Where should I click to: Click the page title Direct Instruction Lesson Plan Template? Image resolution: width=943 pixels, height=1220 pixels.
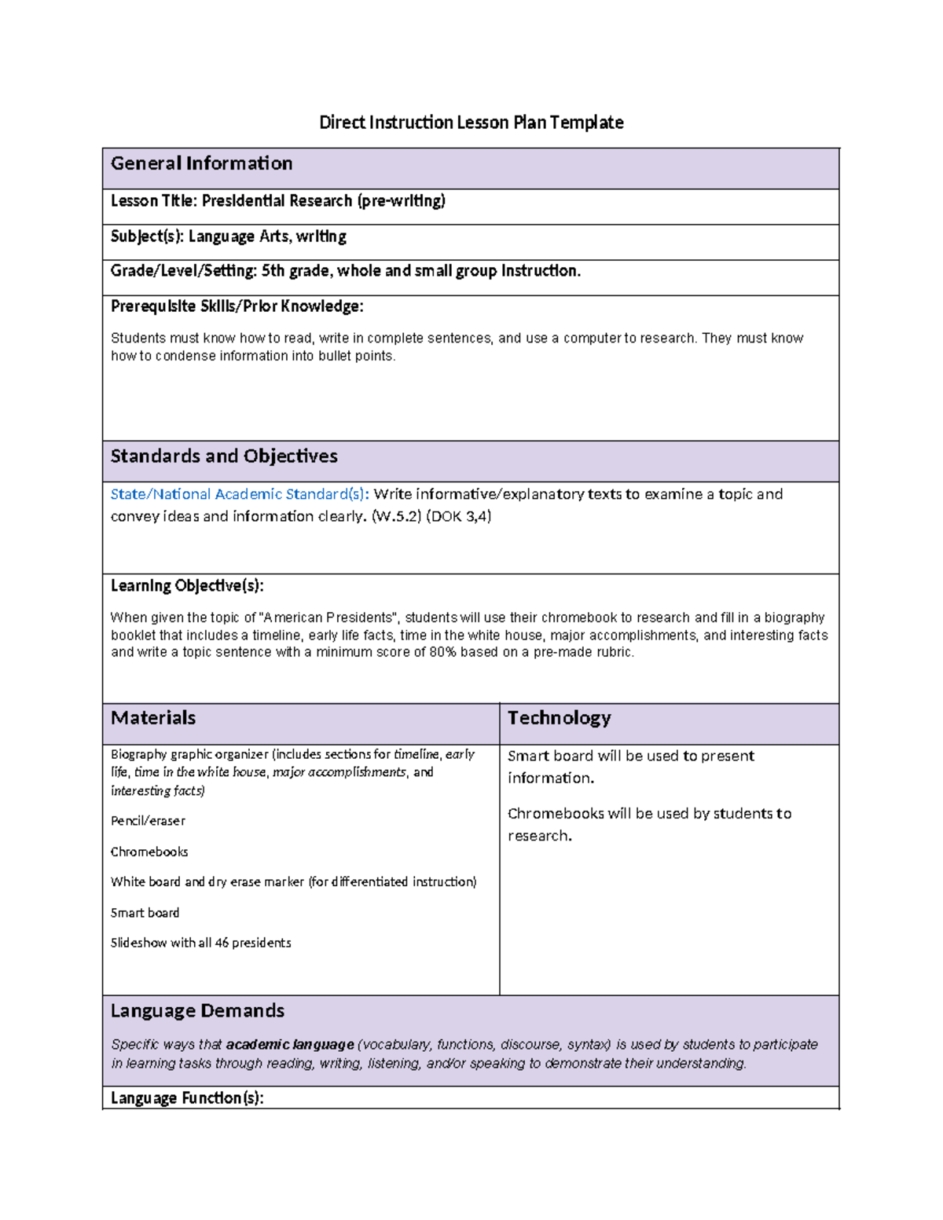coord(471,123)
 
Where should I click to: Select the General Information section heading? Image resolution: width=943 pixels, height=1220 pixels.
coord(201,163)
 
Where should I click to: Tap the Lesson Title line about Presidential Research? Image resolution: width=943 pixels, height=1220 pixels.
coord(277,201)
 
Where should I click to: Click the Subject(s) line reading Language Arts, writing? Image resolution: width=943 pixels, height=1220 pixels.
coord(228,236)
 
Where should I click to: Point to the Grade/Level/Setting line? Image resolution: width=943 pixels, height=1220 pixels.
coord(345,271)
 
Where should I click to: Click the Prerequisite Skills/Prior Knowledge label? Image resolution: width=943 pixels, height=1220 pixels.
coord(237,306)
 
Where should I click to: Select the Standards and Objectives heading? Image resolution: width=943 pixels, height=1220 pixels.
coord(224,456)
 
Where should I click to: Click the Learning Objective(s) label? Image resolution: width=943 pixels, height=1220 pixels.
coord(187,586)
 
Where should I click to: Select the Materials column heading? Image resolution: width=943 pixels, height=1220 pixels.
coord(153,718)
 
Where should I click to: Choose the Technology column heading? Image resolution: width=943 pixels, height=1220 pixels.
coord(559,718)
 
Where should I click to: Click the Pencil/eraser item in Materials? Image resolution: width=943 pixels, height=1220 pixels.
coord(148,821)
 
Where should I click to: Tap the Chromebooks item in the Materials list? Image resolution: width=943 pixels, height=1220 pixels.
coord(149,852)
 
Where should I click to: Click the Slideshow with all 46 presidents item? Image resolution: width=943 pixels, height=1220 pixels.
coord(200,943)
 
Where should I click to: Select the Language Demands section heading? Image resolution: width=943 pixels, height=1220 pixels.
coord(197,1011)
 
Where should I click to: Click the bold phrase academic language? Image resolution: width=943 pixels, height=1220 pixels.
coord(290,1045)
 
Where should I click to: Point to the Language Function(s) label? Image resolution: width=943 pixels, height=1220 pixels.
coord(187,1098)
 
